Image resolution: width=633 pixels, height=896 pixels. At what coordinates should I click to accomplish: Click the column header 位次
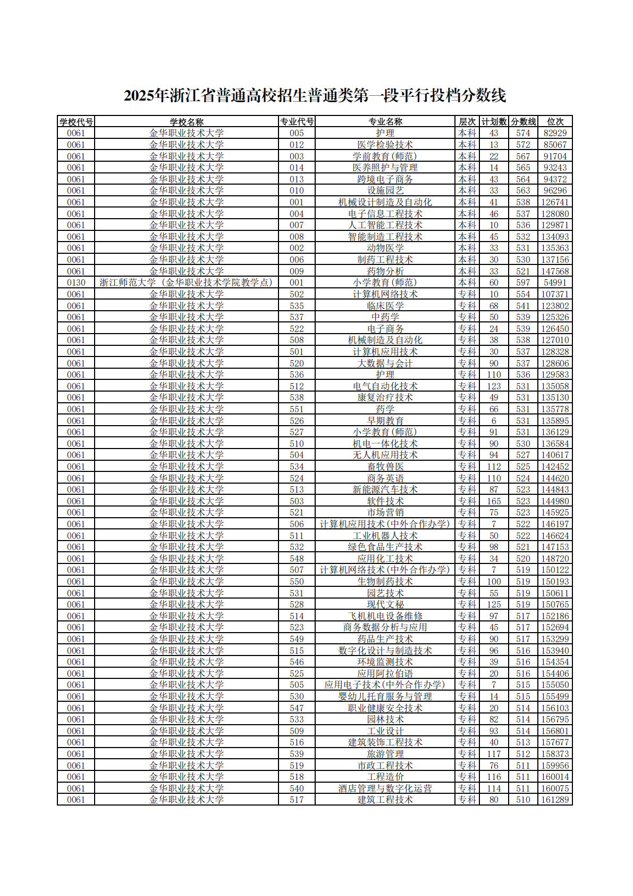point(555,122)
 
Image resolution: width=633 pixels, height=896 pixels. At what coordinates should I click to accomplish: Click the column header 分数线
point(523,122)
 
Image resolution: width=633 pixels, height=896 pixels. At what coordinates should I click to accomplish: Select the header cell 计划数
point(494,122)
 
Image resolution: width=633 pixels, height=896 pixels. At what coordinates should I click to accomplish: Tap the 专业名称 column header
point(385,122)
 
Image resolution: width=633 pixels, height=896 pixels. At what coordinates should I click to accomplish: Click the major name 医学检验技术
point(385,145)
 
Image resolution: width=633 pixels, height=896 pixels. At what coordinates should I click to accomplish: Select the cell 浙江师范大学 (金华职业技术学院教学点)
point(186,283)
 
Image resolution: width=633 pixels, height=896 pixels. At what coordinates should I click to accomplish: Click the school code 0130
point(76,283)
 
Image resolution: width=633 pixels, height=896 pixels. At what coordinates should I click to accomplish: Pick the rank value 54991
point(555,283)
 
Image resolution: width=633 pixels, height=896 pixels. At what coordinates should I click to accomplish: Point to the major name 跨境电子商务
point(385,179)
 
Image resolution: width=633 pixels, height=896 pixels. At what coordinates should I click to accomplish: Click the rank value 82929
point(555,133)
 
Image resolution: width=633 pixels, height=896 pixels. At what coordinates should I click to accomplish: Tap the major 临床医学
point(385,306)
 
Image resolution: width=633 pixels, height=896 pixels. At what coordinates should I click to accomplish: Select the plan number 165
point(494,501)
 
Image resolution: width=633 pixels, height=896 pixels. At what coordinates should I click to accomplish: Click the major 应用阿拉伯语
point(385,674)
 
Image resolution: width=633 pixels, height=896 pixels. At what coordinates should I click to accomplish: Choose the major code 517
point(297,800)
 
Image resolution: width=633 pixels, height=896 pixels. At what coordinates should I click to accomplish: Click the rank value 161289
point(555,800)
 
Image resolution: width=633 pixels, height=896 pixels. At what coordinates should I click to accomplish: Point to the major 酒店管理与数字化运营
point(385,789)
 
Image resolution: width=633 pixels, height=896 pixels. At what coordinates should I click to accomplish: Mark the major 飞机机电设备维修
point(385,616)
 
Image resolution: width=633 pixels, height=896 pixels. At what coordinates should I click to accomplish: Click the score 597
point(523,283)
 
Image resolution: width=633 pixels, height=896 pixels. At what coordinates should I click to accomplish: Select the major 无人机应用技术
point(385,455)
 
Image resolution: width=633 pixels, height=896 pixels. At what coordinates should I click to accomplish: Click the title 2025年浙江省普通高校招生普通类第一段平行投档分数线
point(315,96)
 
